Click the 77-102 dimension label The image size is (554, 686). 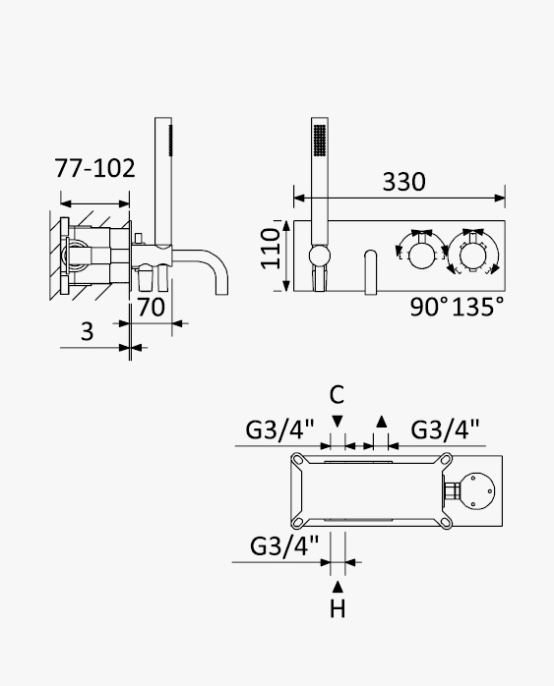(94, 168)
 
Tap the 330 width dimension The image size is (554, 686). (403, 182)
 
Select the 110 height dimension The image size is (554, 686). (271, 248)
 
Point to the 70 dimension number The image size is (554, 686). (152, 307)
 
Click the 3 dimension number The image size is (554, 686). (88, 331)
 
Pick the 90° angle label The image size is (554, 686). (429, 307)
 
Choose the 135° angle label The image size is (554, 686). (477, 307)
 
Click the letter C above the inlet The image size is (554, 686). (337, 395)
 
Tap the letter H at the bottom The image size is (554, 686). (338, 608)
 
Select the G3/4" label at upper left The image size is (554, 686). (279, 429)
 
